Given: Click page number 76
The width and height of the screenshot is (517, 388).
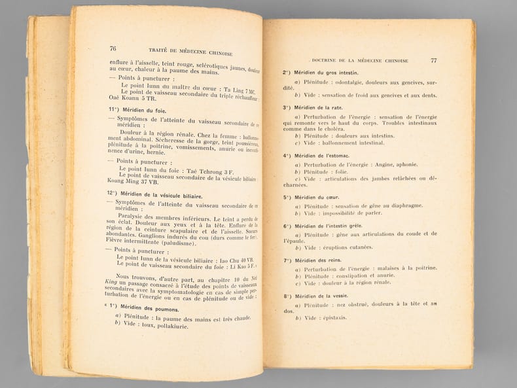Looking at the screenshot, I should click(113, 48).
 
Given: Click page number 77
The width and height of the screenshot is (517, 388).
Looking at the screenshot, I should click(433, 61).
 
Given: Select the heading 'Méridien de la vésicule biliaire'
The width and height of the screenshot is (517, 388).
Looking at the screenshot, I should click(154, 194).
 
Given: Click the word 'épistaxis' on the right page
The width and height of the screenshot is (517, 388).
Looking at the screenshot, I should click(334, 318).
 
